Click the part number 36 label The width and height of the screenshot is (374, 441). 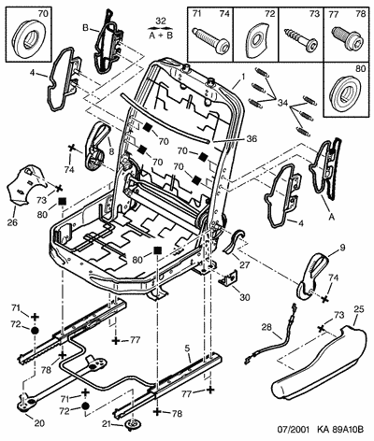251,139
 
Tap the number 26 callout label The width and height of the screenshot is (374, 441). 13,222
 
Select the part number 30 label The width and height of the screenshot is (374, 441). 245,297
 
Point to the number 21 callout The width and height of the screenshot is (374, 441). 108,424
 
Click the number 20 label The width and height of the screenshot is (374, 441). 38,423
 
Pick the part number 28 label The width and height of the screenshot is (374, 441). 266,327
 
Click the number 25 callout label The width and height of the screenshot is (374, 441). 358,309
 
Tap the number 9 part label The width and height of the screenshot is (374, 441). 342,248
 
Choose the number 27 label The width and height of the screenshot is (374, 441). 245,265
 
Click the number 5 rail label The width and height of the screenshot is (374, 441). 187,349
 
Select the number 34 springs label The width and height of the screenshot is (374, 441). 282,102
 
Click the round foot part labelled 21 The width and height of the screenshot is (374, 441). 133,424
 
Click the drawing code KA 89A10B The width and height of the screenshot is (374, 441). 340,430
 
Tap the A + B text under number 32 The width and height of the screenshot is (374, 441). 160,36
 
